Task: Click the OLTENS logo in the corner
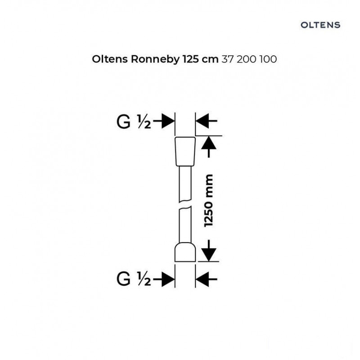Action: tap(320, 25)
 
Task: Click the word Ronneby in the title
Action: tap(155, 59)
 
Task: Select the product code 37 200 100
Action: tap(249, 59)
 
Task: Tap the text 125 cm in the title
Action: tap(200, 59)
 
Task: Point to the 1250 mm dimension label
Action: tap(209, 201)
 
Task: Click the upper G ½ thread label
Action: tap(134, 122)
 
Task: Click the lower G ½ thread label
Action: tap(134, 279)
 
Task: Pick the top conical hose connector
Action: tap(185, 152)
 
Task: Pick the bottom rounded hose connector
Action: tap(185, 252)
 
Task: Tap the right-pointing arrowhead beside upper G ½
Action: tap(168, 121)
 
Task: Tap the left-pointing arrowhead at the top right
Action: tap(202, 121)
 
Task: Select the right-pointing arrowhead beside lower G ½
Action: tap(168, 279)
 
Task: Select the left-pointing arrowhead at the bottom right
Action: tap(202, 279)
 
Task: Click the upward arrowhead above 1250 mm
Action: tap(209, 143)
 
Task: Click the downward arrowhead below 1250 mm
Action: tap(209, 254)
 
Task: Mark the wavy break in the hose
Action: tap(185, 205)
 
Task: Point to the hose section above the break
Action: tap(185, 184)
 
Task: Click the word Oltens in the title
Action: tap(110, 59)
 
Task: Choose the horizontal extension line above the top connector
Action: tap(209, 136)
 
